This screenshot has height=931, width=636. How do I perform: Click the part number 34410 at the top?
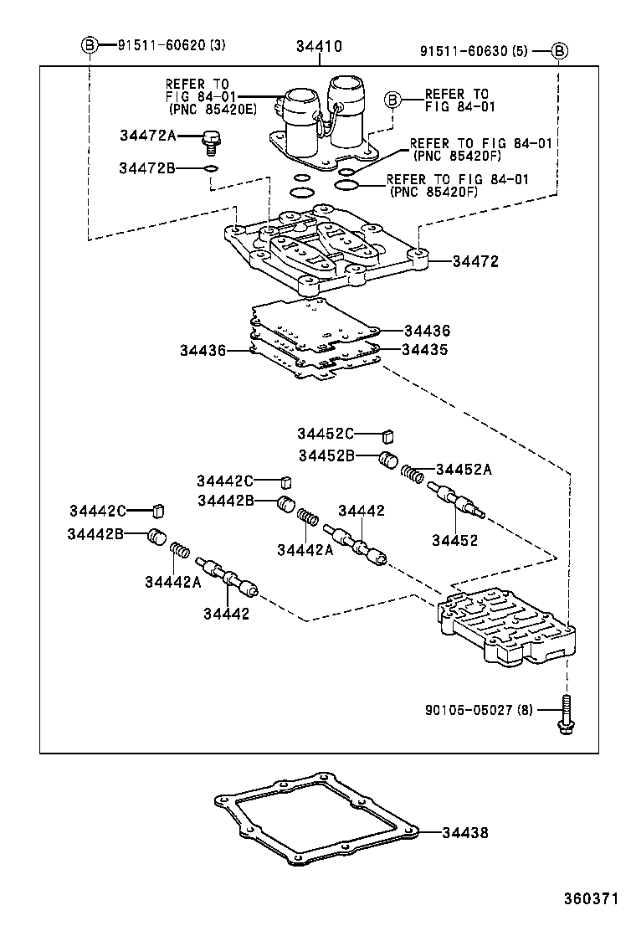tap(318, 48)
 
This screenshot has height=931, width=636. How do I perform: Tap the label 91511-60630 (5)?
tap(473, 51)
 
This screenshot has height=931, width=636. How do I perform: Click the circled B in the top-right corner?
tap(560, 51)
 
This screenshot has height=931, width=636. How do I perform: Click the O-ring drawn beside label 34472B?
tap(212, 169)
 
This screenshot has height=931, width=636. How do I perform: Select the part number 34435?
tap(425, 349)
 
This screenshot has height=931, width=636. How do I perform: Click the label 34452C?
tap(326, 433)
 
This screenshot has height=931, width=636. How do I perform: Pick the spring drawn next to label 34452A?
tap(412, 473)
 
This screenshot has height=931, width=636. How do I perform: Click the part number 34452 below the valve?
tap(454, 540)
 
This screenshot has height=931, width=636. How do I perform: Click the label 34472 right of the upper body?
tap(475, 261)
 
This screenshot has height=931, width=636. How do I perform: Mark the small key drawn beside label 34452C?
tap(387, 435)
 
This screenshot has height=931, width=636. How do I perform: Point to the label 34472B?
tap(146, 168)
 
